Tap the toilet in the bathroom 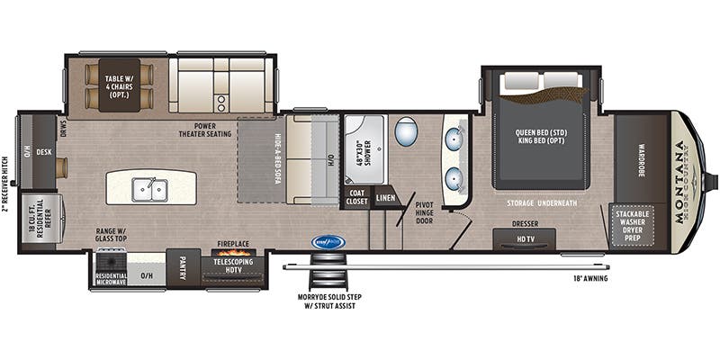[407, 132]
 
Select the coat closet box [356, 197]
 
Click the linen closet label [386, 197]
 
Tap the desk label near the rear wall [42, 152]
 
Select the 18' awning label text [589, 278]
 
